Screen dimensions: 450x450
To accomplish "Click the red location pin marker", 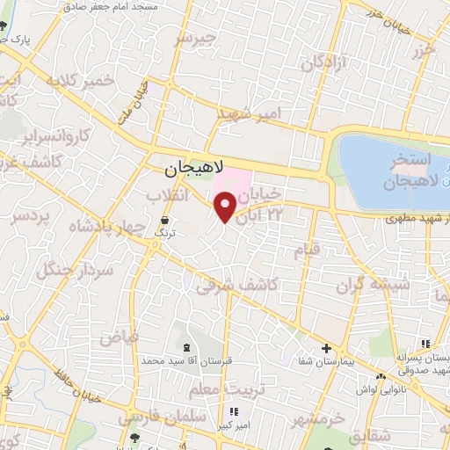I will (226, 207).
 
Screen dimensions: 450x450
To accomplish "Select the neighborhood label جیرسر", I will (194, 40).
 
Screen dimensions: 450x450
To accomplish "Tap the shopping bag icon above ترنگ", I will (165, 219).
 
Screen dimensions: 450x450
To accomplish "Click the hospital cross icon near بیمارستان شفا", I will (326, 347).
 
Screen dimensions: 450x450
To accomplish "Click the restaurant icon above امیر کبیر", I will (233, 411).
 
